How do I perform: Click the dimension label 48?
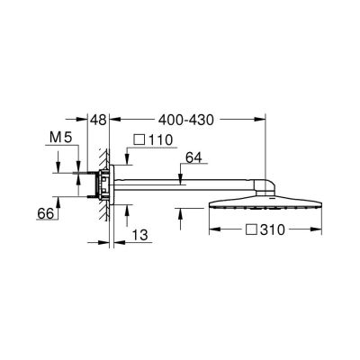coord(99,119)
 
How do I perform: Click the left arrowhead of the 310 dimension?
coord(211,230)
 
